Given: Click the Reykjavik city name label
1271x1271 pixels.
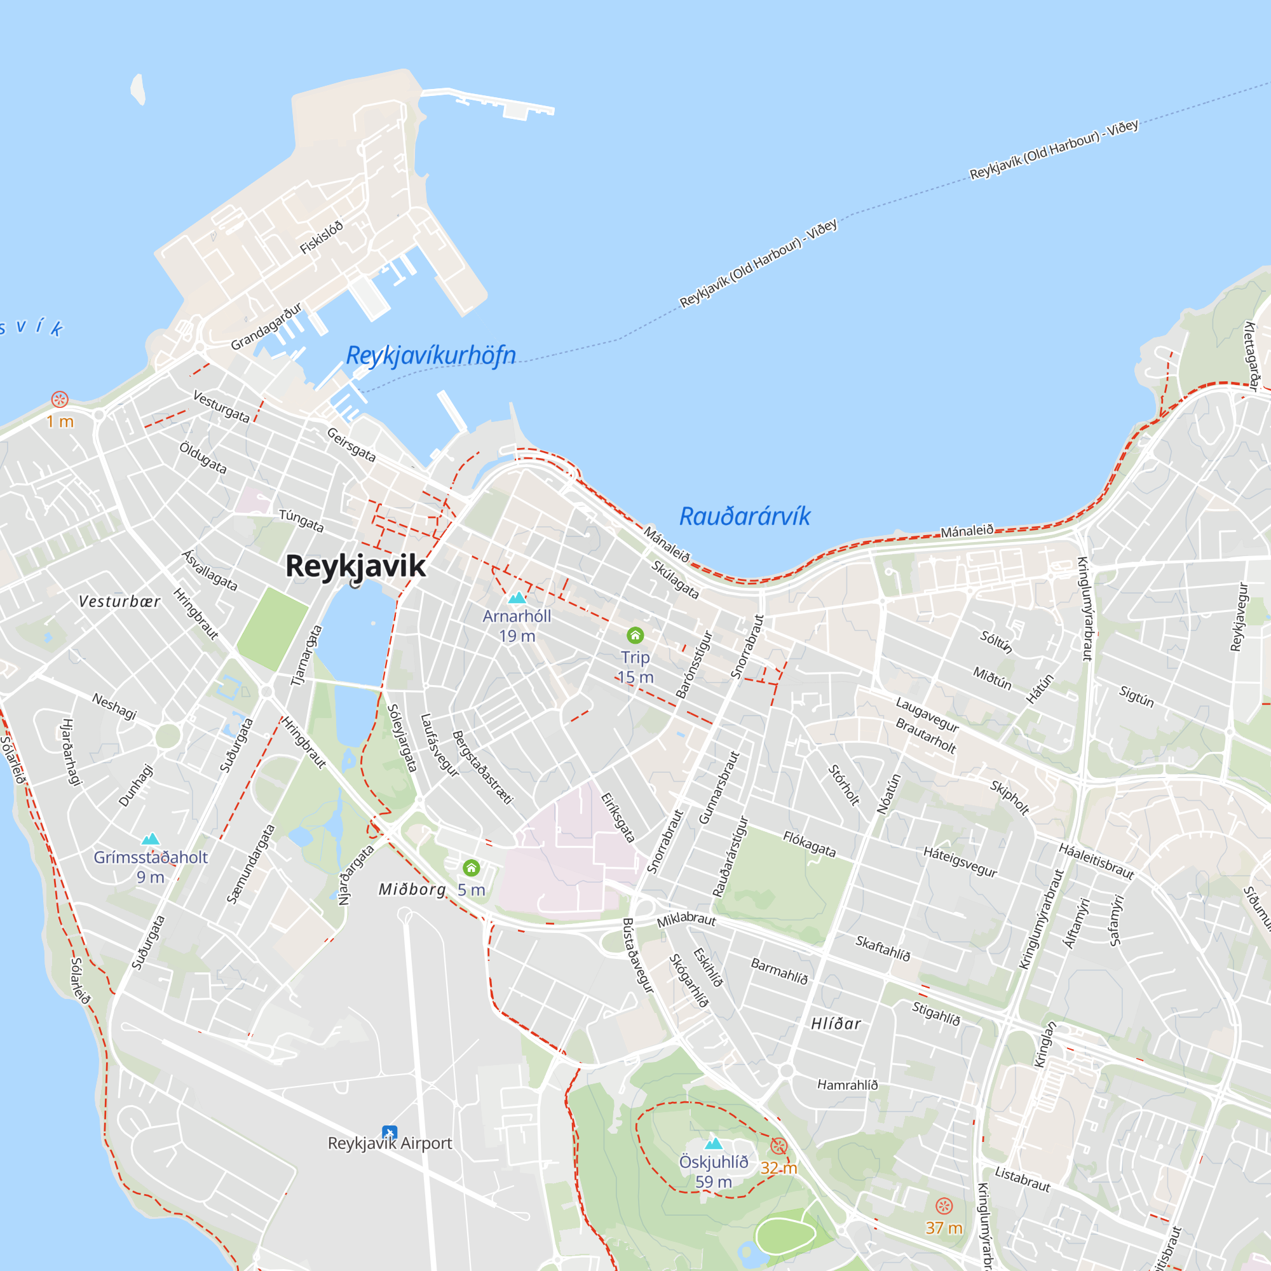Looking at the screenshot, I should (x=355, y=566).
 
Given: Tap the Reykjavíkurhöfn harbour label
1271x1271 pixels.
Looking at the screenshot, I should (x=431, y=355).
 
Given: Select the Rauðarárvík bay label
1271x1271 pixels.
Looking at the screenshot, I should (x=745, y=517).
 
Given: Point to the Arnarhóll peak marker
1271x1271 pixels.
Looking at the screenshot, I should (x=517, y=597).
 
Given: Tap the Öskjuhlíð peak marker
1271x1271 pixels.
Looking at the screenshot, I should (x=714, y=1143).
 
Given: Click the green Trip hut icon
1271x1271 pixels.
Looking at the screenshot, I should (x=635, y=635).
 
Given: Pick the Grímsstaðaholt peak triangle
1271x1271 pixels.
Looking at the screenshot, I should (x=151, y=839).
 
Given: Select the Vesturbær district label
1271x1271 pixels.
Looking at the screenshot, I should (x=119, y=601).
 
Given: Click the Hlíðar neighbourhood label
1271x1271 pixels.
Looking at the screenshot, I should (x=836, y=1024).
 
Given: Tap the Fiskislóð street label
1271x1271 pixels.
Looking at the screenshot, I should (x=322, y=238).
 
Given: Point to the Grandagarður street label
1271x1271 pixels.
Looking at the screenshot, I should (x=266, y=326).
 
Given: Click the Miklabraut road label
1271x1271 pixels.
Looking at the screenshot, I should (x=686, y=919).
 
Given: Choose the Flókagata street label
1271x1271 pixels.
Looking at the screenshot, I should (x=809, y=844).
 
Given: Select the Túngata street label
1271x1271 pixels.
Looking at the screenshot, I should (x=301, y=520).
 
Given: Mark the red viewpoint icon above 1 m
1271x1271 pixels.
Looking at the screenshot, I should (x=60, y=399).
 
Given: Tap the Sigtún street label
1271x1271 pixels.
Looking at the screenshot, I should (x=1136, y=696).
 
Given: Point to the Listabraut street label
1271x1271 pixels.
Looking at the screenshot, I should (x=1023, y=1179).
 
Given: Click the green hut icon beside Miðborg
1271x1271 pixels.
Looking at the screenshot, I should (x=471, y=868).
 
